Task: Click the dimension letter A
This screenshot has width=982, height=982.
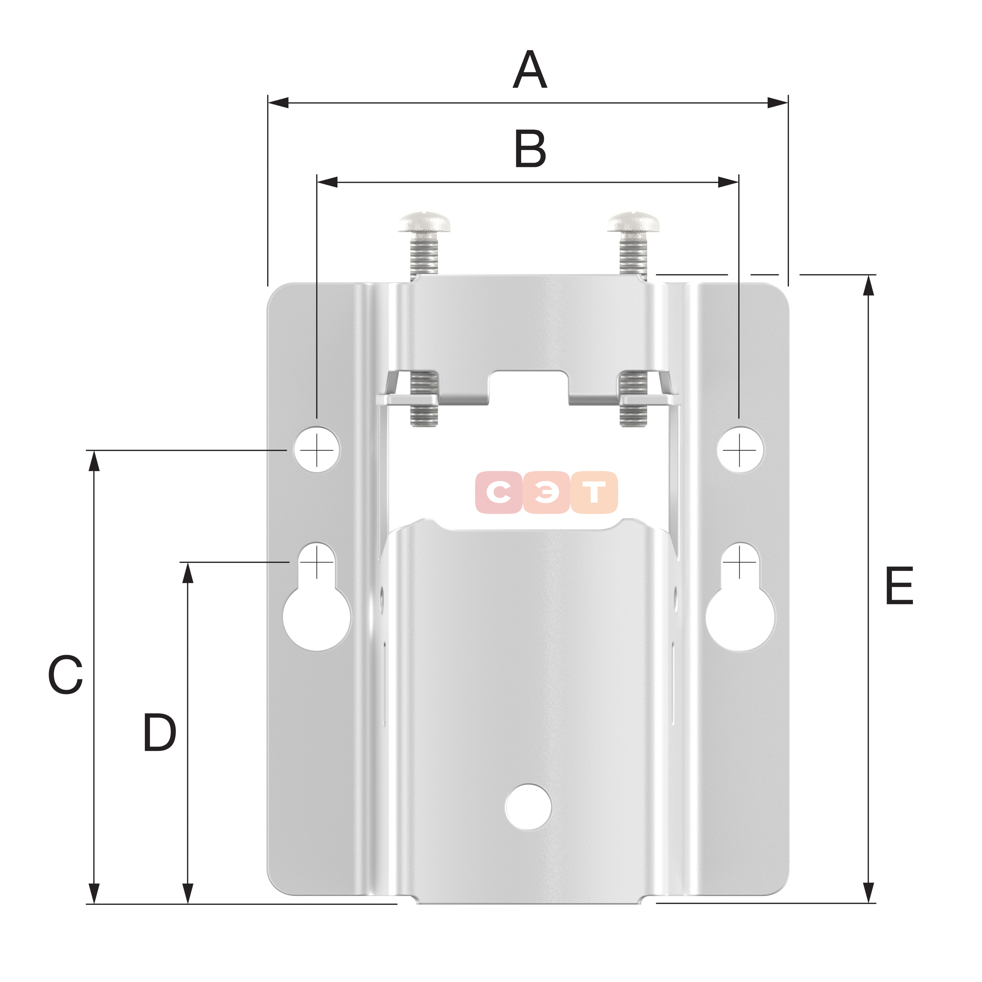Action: (x=530, y=70)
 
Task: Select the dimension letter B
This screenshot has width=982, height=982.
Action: (x=530, y=149)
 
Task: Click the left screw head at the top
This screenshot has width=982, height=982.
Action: (x=425, y=223)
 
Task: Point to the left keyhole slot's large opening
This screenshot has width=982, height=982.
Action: (x=317, y=619)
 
